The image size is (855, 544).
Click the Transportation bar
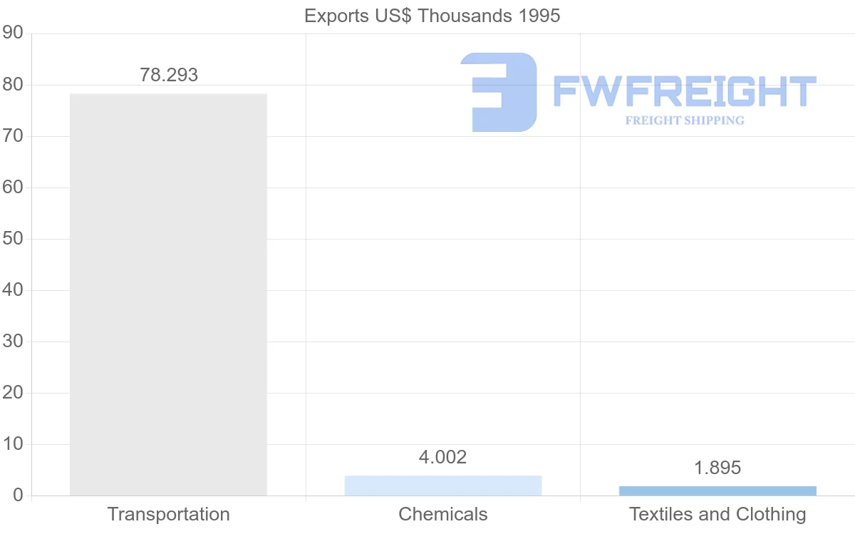168,294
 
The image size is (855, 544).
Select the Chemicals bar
443,486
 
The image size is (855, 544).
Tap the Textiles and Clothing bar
717,491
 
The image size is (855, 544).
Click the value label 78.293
169,75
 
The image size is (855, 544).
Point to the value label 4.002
442,457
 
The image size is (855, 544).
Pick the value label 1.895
717,468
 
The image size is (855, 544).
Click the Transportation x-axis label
168,514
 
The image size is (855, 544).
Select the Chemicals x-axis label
443,514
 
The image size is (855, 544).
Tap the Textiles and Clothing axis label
717,514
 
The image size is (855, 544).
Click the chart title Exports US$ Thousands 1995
432,16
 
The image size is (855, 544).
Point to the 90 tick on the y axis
13,34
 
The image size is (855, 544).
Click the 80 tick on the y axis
13,85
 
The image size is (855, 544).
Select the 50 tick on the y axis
13,239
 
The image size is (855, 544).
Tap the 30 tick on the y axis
13,342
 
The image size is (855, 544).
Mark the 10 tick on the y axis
13,444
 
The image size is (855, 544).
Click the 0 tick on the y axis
18,496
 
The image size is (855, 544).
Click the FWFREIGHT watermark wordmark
684,92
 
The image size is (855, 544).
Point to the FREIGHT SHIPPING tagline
685,120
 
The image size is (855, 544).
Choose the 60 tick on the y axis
13,188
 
